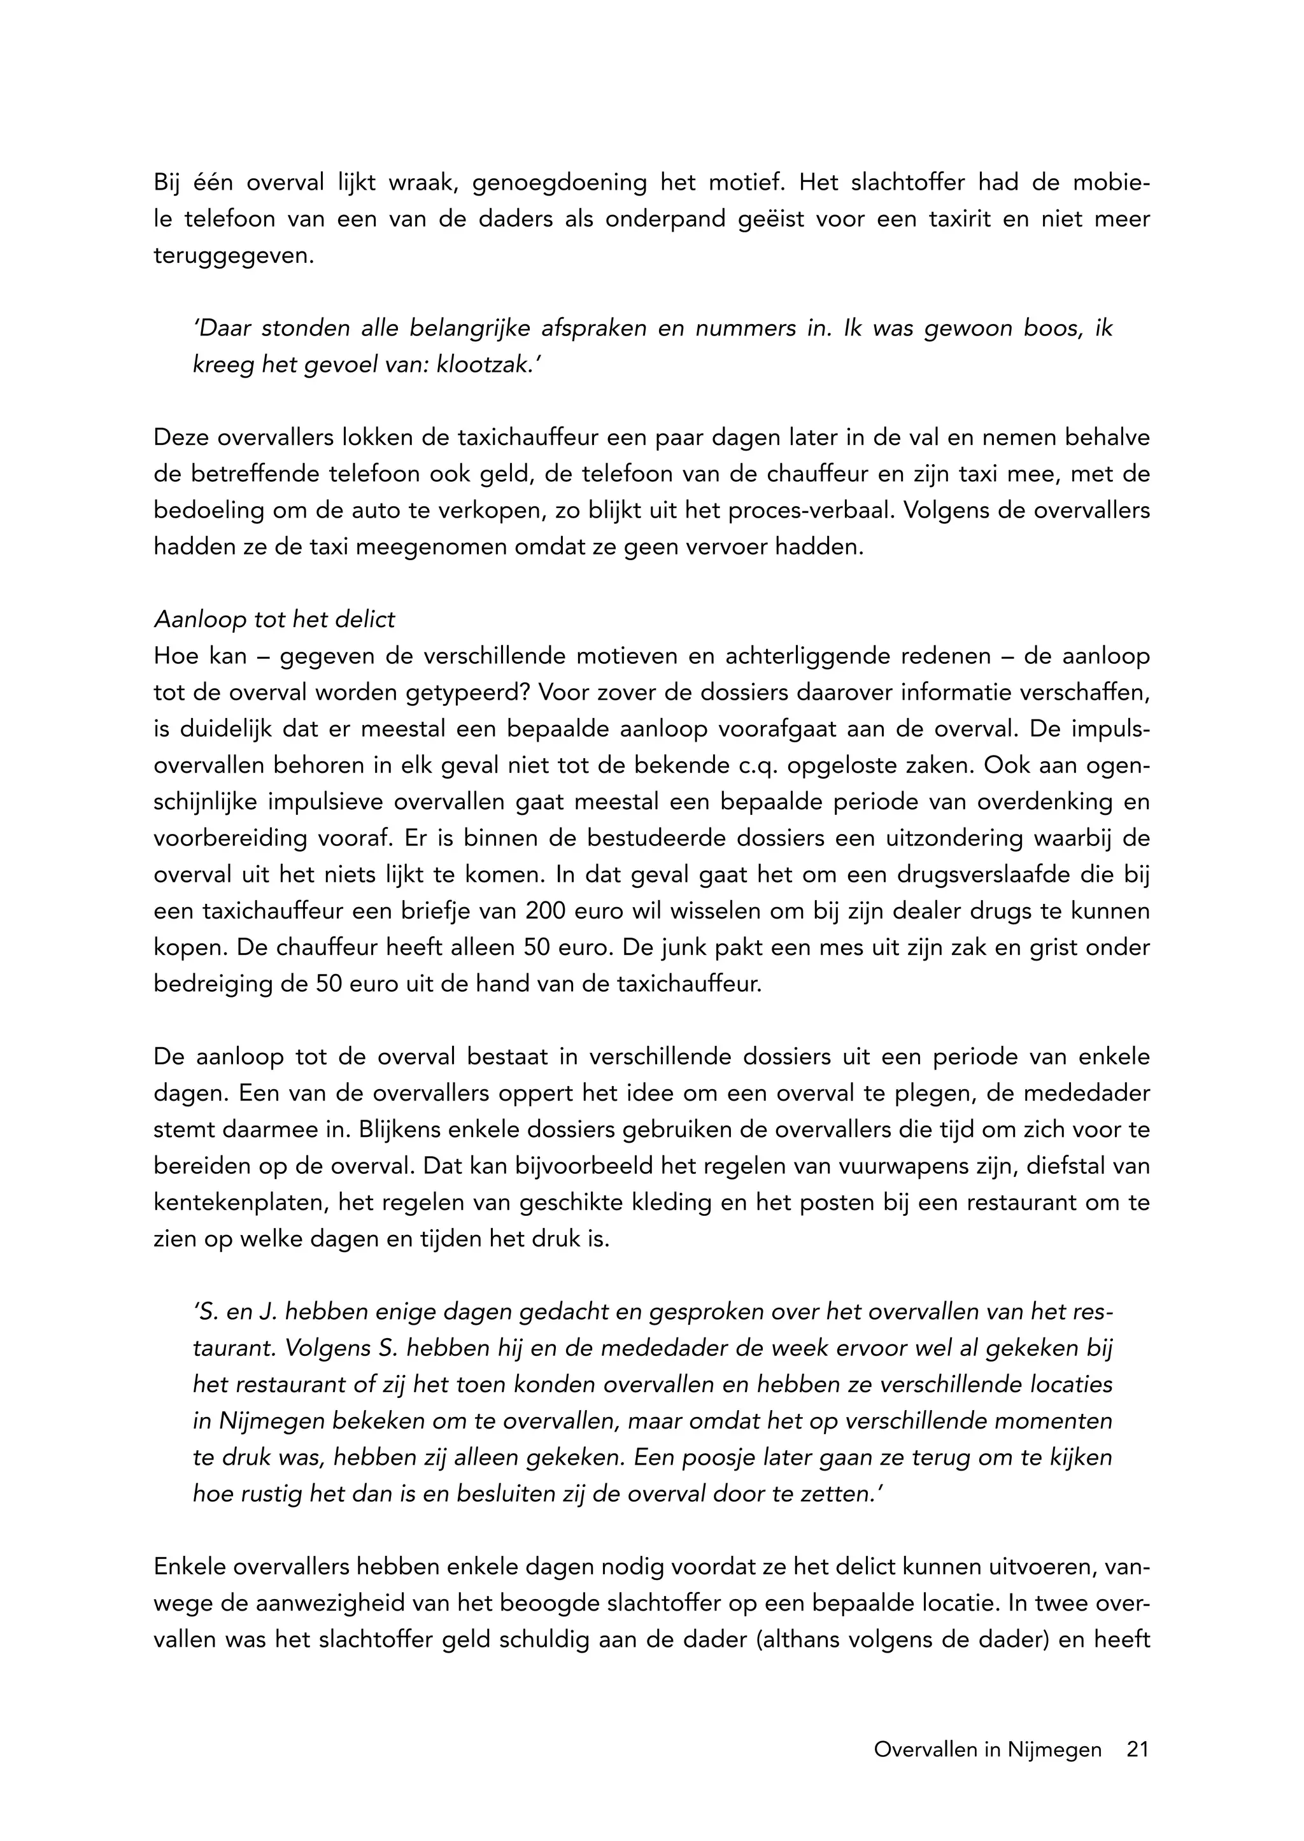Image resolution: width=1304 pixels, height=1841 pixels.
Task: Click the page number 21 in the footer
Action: point(1138,1749)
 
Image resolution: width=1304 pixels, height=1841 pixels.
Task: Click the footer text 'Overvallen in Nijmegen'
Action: point(988,1749)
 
